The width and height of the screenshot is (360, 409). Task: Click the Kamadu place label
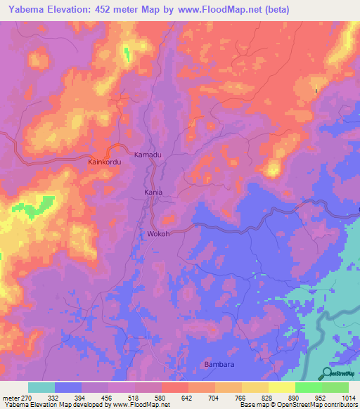148,153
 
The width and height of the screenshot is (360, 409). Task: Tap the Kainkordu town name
105,162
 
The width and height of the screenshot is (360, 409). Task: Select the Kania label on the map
153,192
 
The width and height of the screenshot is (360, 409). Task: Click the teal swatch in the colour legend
41,388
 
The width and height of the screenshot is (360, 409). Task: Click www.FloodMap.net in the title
211,10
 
